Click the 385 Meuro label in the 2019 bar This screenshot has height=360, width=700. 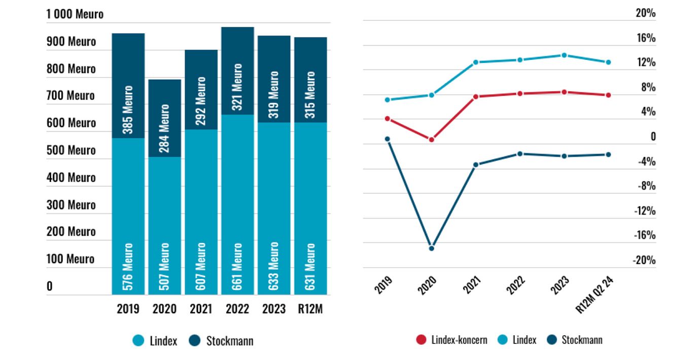coord(128,110)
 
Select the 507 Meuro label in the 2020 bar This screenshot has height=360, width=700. coord(164,267)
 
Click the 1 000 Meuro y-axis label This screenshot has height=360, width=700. coord(75,14)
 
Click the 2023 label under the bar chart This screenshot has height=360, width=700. coord(274,309)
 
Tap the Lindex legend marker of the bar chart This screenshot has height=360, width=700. coord(138,341)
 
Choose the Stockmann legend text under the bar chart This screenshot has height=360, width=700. coord(229,341)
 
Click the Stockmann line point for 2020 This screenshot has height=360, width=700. coord(432,248)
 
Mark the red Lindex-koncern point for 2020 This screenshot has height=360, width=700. coord(432,139)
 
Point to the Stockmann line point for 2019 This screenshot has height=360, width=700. coord(388,139)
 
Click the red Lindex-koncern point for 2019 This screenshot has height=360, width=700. coord(388,119)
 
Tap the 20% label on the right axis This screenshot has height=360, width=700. coord(646,14)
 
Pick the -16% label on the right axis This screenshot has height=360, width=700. coord(645,235)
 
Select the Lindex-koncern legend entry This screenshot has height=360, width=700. coord(451,340)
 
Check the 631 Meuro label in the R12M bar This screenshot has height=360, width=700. coord(310,267)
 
